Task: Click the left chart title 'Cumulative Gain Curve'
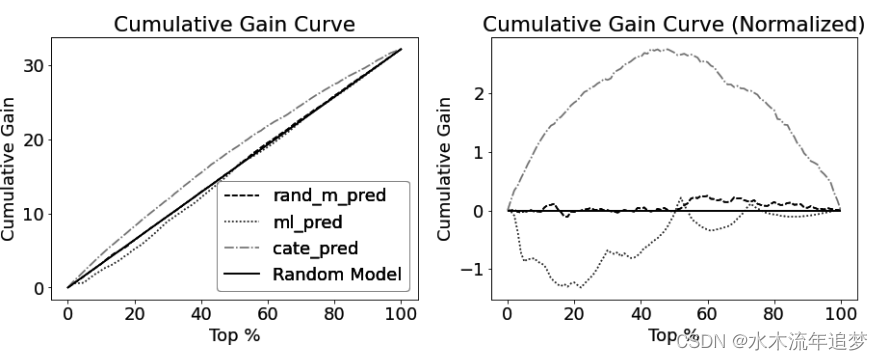click(234, 24)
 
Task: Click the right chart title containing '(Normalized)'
click(673, 24)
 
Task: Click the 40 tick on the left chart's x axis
click(201, 311)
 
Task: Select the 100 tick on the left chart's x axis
click(400, 311)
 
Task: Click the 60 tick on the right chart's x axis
click(708, 311)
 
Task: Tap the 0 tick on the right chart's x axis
click(508, 311)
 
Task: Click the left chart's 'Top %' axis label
click(234, 335)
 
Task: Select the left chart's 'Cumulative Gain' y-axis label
click(12, 168)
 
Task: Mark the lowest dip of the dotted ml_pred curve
click(580, 287)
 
